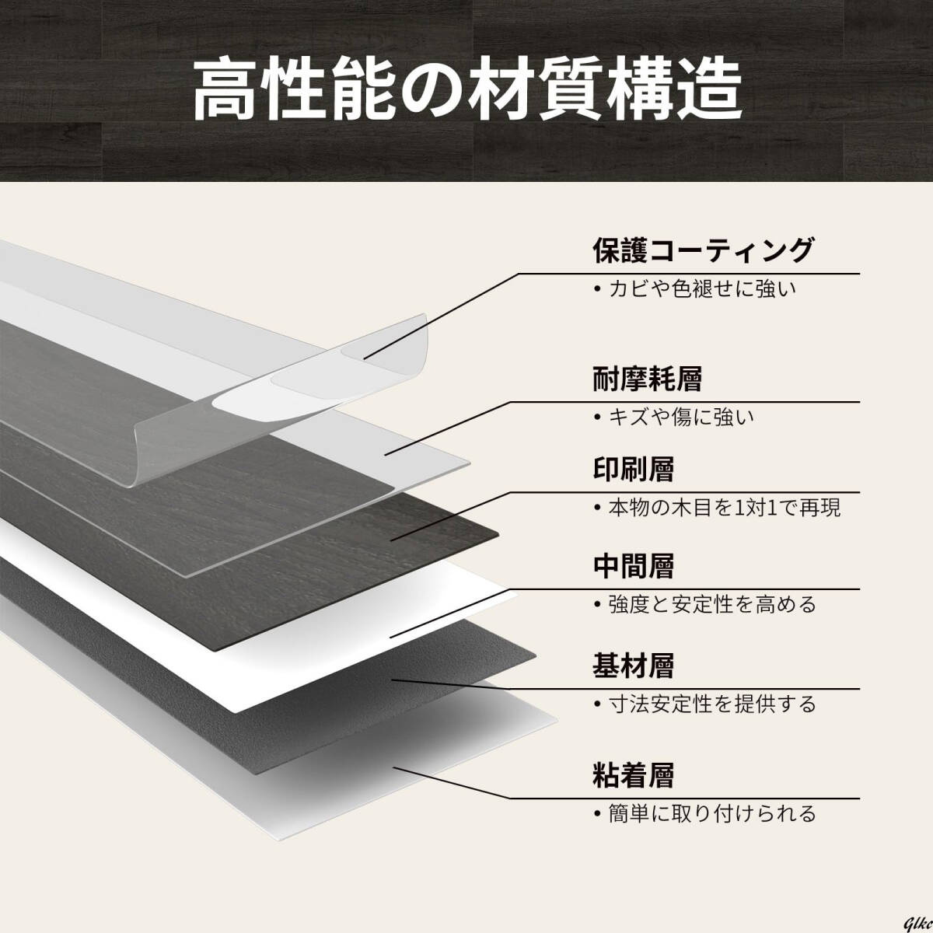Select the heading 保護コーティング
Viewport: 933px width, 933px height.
click(x=702, y=250)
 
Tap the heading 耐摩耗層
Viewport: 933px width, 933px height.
click(x=647, y=379)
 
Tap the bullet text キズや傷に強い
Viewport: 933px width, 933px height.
click(x=680, y=418)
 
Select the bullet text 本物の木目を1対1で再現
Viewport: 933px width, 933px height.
click(x=723, y=508)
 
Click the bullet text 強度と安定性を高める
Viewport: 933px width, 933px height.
click(x=711, y=603)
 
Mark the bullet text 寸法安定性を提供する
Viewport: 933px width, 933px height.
click(x=711, y=704)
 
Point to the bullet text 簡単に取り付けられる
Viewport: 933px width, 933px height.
click(x=711, y=814)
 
